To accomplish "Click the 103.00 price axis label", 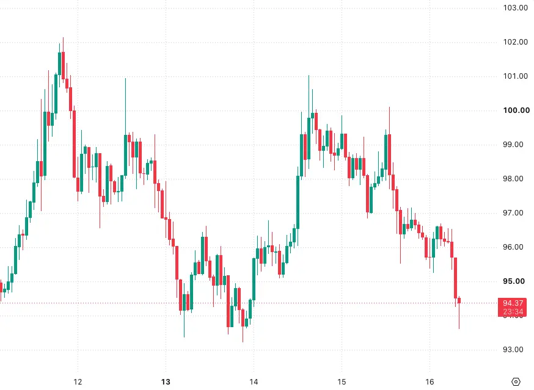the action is click(x=515, y=8).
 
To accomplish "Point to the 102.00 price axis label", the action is click(x=515, y=42).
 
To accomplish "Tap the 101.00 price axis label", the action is click(x=515, y=76).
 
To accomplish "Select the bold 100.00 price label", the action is click(x=516, y=110).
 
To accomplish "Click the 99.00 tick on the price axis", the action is click(x=513, y=145).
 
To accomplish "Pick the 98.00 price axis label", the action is click(x=513, y=179).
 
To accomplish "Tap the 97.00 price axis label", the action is click(x=513, y=213).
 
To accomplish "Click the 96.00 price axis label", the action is click(x=513, y=247).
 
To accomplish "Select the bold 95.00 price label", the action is click(x=514, y=281).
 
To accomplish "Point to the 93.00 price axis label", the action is click(x=513, y=350).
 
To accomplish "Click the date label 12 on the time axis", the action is click(x=78, y=382).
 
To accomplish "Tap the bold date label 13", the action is click(x=166, y=382).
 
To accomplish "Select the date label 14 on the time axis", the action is click(x=254, y=382).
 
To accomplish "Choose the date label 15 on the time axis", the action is click(x=342, y=382).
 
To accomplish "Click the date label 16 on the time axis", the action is click(x=430, y=382).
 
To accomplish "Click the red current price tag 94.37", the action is click(x=513, y=303).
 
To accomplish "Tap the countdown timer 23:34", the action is click(x=513, y=311).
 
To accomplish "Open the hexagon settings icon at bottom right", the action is click(x=516, y=382).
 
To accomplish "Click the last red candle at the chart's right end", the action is click(x=459, y=300).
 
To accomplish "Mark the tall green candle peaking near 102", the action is click(x=60, y=63).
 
